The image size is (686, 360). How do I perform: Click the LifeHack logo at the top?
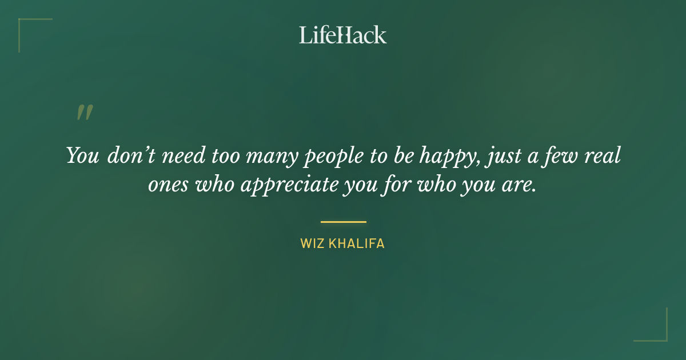342,35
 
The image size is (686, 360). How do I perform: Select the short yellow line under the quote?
343,222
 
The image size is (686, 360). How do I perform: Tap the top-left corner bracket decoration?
26,26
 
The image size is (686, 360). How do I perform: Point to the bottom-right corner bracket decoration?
660,334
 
